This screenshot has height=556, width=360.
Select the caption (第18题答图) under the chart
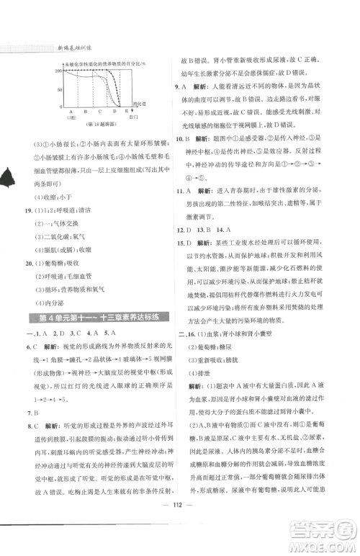coord(100,125)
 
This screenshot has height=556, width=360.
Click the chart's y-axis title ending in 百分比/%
coord(108,64)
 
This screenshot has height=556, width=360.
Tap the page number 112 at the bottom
coord(179,524)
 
